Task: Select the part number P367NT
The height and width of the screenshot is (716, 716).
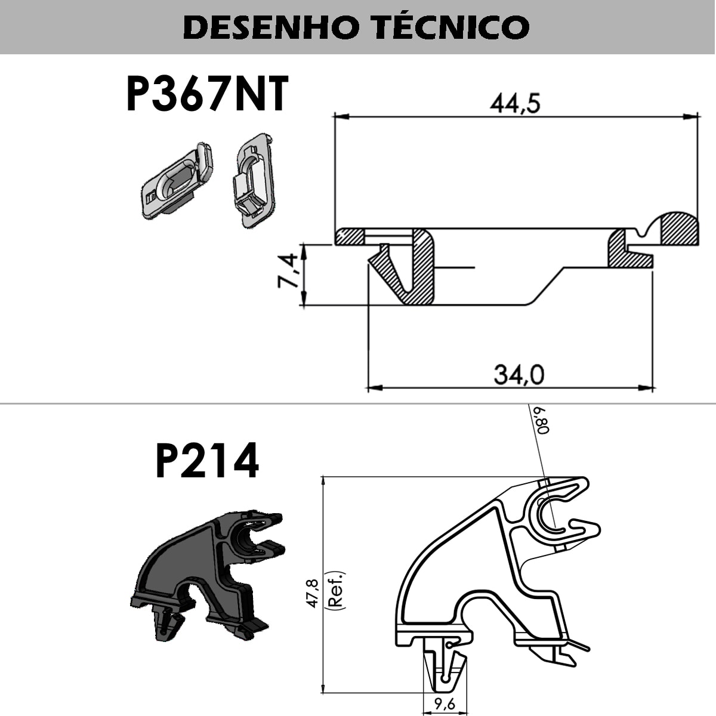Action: click(208, 93)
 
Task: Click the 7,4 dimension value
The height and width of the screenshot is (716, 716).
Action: click(287, 270)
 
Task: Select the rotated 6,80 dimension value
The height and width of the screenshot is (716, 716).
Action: click(542, 420)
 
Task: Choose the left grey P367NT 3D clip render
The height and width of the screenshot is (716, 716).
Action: click(177, 181)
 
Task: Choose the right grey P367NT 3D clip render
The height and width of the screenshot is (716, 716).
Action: click(255, 180)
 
